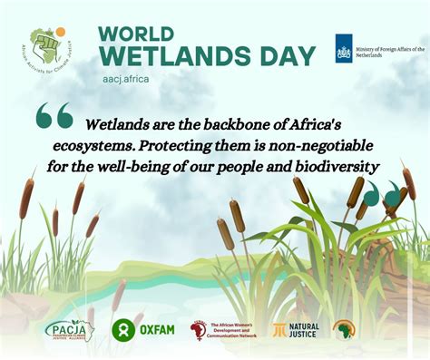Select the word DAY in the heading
click(282, 56)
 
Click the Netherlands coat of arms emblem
click(345, 48)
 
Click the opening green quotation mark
click(54, 117)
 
